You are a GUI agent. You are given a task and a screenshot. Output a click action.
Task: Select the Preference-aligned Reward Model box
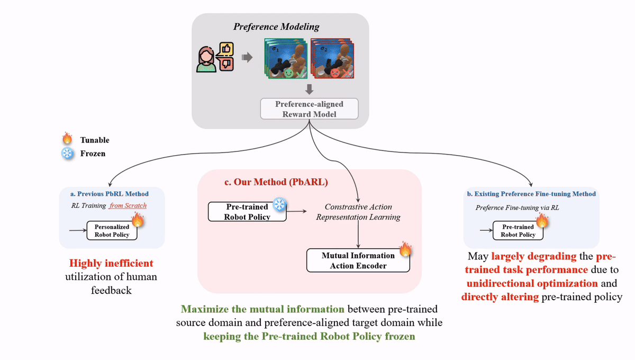click(x=310, y=109)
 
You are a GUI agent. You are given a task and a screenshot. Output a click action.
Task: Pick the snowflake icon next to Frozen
click(x=67, y=154)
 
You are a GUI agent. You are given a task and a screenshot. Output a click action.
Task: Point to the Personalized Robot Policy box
click(x=112, y=231)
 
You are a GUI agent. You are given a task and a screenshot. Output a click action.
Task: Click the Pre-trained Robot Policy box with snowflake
click(x=247, y=212)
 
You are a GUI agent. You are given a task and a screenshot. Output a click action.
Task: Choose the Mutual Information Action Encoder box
click(x=358, y=260)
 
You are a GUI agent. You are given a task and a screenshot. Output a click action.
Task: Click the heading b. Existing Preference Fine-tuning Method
click(x=531, y=194)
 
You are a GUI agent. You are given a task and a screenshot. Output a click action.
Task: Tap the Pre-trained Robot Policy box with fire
click(x=518, y=231)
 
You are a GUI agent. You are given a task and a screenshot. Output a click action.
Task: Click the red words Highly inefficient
click(x=111, y=263)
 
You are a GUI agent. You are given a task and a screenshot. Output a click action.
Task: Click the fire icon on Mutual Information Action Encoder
click(x=405, y=249)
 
